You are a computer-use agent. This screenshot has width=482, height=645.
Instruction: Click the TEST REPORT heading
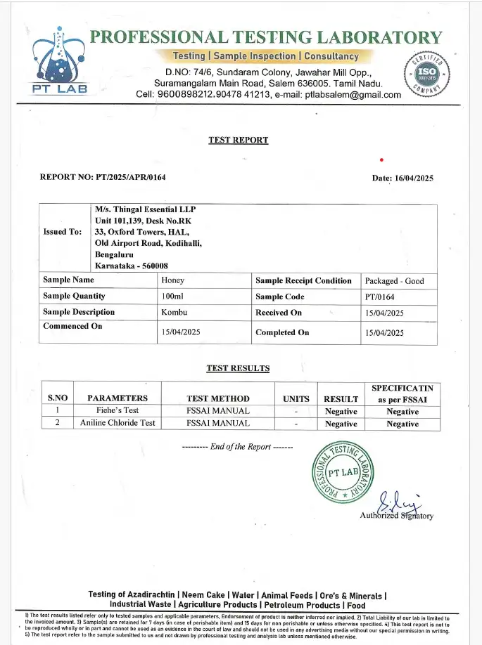click(238, 140)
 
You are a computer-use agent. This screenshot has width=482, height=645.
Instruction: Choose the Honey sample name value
click(172, 281)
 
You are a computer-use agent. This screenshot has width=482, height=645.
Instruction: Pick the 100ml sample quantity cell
click(172, 297)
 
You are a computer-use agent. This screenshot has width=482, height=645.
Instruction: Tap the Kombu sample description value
click(174, 312)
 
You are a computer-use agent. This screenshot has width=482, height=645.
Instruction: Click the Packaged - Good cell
click(394, 281)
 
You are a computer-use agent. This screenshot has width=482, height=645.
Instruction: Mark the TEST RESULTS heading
click(238, 367)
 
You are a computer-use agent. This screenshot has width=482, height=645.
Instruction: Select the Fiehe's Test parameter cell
click(117, 411)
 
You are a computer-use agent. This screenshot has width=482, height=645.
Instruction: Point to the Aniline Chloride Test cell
click(117, 424)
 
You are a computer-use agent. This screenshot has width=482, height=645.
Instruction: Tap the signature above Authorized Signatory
click(398, 503)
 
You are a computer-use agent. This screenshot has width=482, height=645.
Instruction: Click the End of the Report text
click(238, 447)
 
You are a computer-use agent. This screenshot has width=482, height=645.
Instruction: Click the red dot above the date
click(381, 160)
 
